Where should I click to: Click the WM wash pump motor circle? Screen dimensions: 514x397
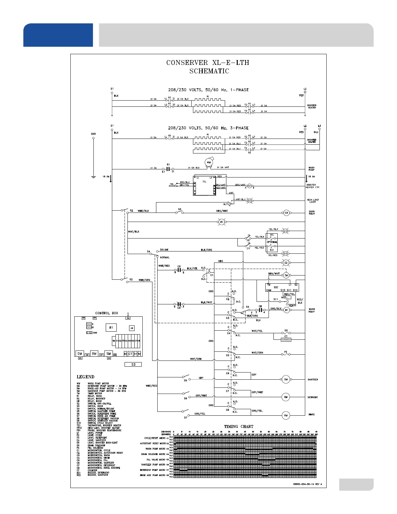[x=209, y=162]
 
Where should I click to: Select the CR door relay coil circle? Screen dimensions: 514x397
[x=286, y=213]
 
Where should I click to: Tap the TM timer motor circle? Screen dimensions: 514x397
[x=286, y=275]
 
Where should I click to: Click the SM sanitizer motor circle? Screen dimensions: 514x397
[x=286, y=379]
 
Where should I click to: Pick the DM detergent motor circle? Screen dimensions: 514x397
[x=286, y=397]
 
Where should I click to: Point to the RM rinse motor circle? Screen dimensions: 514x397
[x=286, y=415]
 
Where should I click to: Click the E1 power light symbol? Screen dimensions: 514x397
[x=222, y=222]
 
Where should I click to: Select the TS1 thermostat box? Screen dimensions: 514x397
[x=204, y=186]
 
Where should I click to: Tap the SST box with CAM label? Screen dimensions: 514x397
[x=282, y=288]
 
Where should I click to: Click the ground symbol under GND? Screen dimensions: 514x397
[x=93, y=177]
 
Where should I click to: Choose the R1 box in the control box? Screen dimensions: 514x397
[x=111, y=328]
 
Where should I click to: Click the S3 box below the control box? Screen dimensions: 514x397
[x=133, y=364]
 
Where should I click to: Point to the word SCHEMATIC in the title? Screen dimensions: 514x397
[x=209, y=71]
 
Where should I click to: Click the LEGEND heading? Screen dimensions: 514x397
[x=85, y=377]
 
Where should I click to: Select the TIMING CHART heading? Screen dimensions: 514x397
[x=239, y=426]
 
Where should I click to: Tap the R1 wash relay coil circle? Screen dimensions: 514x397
[x=286, y=310]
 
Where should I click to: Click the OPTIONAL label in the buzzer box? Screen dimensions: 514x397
[x=272, y=242]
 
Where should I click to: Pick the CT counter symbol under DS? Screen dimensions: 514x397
[x=286, y=339]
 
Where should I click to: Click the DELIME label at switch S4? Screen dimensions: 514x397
[x=164, y=250]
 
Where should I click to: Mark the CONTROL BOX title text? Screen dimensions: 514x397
[x=106, y=313]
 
